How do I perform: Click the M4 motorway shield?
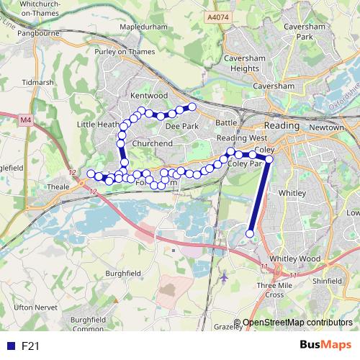(26, 120)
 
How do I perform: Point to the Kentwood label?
(149, 96)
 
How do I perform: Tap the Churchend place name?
(152, 143)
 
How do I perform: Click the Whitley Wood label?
(294, 258)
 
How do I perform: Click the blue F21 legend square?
(10, 346)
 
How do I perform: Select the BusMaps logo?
(325, 345)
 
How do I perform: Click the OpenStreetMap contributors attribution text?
(297, 323)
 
